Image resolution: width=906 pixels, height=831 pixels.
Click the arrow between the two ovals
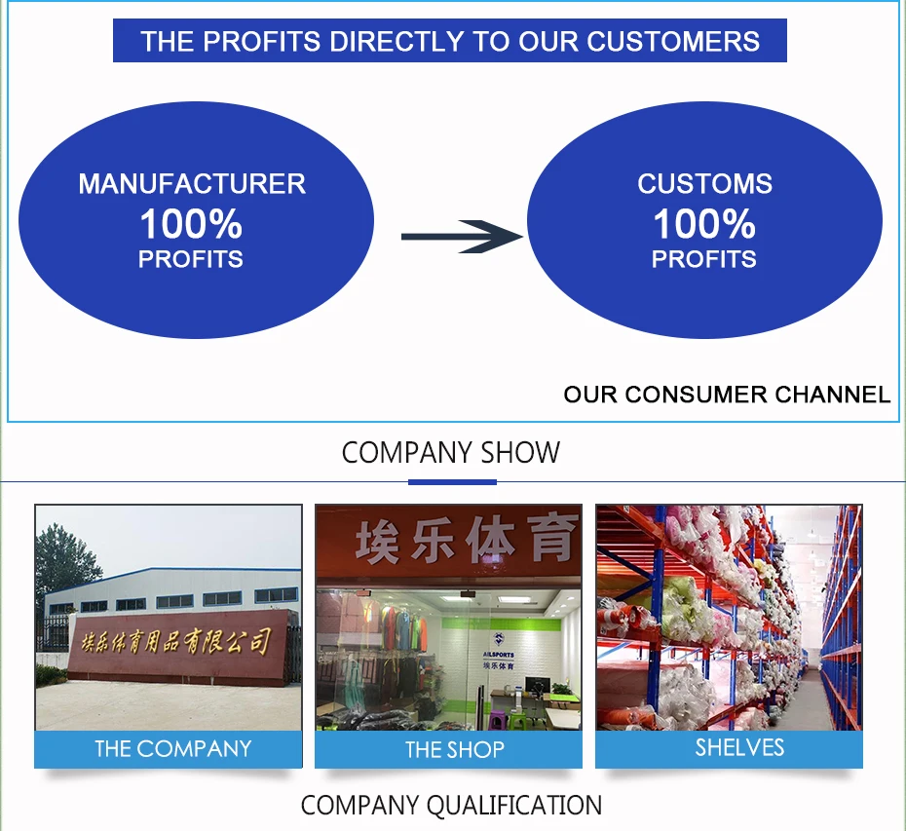coord(463,236)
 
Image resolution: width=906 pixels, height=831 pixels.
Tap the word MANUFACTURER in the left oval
coord(192,184)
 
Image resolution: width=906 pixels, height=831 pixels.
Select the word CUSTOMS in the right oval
coord(704,184)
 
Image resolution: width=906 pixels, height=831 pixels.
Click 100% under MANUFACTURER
coord(191,225)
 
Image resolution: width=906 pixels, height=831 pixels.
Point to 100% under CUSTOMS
coord(704,225)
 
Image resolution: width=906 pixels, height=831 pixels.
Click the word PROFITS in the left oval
coord(191,259)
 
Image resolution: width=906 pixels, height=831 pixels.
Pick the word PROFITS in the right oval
coord(704,259)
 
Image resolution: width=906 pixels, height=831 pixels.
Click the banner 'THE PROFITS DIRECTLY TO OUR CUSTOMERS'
coord(450,42)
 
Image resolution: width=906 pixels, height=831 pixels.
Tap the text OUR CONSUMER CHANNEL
coord(727,395)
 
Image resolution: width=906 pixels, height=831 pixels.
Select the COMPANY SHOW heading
coord(451,453)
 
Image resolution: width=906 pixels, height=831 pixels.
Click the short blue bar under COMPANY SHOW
coord(452,481)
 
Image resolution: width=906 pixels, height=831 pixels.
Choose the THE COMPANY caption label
coord(172,749)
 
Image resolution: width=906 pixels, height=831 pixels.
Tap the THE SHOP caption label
coord(454,750)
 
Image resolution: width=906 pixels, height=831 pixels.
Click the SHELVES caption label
coord(739,747)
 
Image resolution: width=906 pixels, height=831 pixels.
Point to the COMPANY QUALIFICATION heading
coord(451,806)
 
